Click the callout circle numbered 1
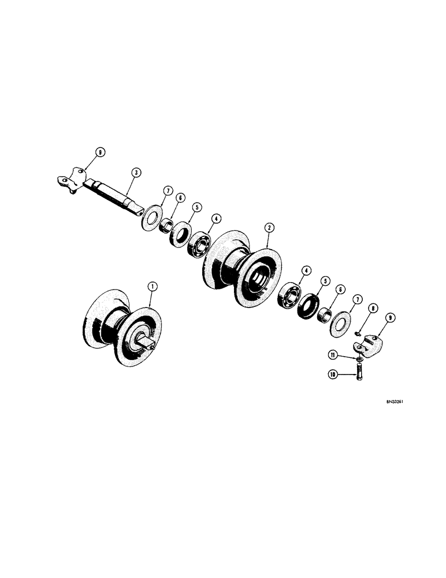pos(152,286)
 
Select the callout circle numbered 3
pos(134,172)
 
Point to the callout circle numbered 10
pos(333,375)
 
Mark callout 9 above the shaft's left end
pos(101,153)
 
